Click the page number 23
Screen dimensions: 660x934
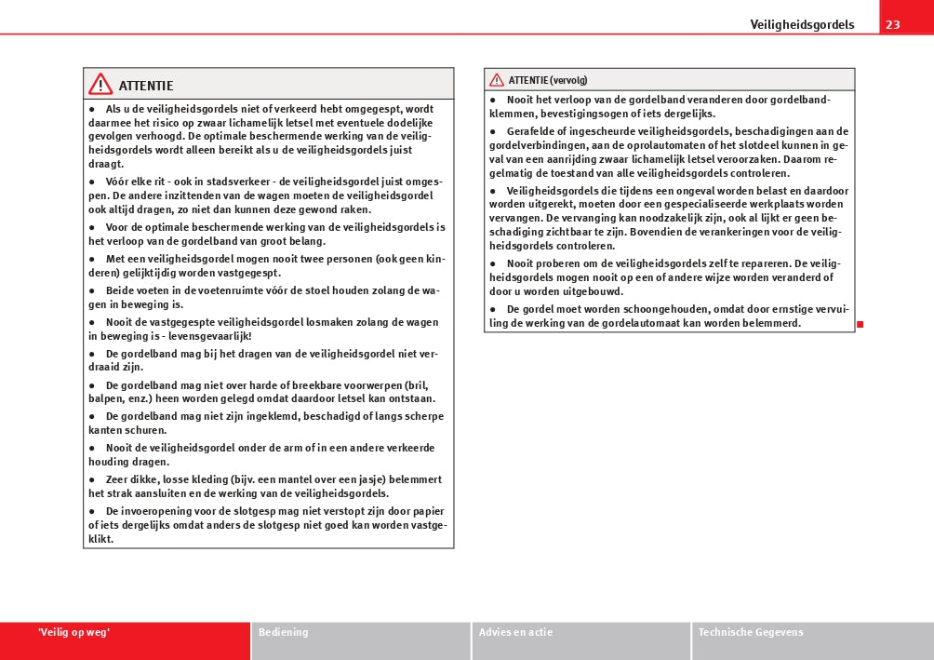(x=892, y=24)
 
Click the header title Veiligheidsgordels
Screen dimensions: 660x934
(x=802, y=25)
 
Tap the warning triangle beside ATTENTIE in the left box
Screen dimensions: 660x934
(x=100, y=85)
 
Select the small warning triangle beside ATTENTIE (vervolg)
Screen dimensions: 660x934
(x=497, y=80)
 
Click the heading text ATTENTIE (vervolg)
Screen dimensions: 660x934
(x=548, y=80)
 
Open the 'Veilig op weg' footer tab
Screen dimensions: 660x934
(x=74, y=633)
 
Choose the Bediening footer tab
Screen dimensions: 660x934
(x=283, y=633)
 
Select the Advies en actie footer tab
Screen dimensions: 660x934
(x=515, y=633)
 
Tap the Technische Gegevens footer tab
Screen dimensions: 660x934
(x=751, y=633)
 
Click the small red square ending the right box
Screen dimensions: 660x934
(x=861, y=324)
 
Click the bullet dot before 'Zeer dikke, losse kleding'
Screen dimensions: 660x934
(x=92, y=479)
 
